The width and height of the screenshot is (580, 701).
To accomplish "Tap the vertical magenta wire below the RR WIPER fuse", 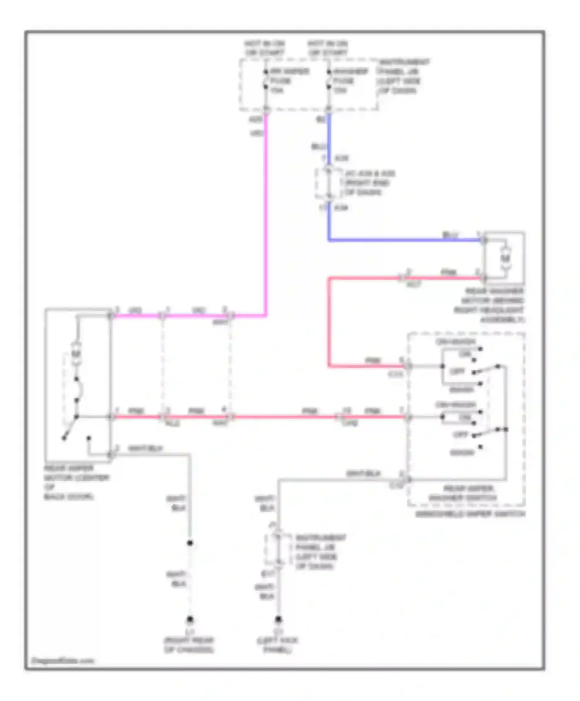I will [x=266, y=213].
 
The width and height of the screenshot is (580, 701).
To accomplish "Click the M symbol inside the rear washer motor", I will [x=505, y=258].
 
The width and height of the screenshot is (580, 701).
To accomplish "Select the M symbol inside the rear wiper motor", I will [x=76, y=354].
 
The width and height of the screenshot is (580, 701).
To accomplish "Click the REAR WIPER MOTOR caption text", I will [x=76, y=482].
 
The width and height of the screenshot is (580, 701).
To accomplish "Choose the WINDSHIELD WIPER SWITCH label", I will [x=470, y=514].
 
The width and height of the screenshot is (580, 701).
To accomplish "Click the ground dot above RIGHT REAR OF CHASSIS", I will [x=190, y=619].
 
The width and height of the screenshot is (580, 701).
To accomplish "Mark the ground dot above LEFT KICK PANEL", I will [x=278, y=619].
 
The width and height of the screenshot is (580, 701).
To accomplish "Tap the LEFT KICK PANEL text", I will [x=277, y=645].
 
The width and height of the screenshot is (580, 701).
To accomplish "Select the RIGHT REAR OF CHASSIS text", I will [x=189, y=645].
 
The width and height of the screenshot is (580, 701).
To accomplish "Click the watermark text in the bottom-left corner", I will [x=62, y=661].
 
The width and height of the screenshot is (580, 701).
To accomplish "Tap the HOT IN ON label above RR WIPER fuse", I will [x=264, y=48].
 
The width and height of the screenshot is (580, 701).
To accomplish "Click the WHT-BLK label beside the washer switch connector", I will [x=363, y=473].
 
